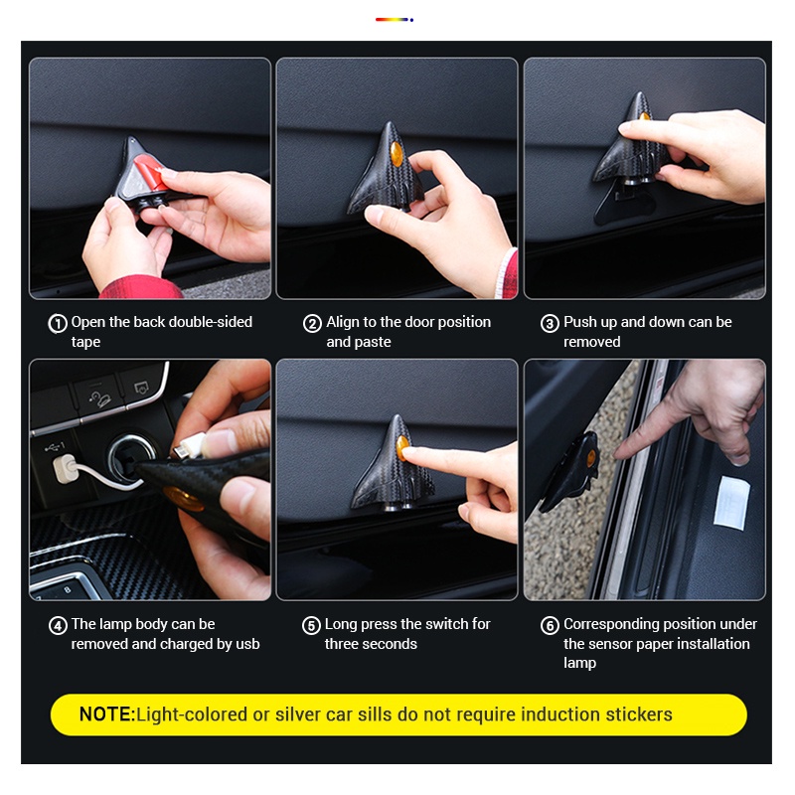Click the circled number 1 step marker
point(58,324)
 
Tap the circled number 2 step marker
point(312,324)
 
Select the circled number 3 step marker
point(550,324)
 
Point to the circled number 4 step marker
point(58,626)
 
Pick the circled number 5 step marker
point(311,626)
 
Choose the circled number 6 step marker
point(550,626)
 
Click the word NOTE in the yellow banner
point(105,715)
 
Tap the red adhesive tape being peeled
point(148,174)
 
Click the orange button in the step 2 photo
point(397,154)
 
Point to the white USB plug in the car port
point(65,469)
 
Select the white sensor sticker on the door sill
point(731,503)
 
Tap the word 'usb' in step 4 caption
point(247,644)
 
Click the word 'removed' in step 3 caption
point(591,342)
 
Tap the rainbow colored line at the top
point(394,20)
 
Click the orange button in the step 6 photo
point(591,458)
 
